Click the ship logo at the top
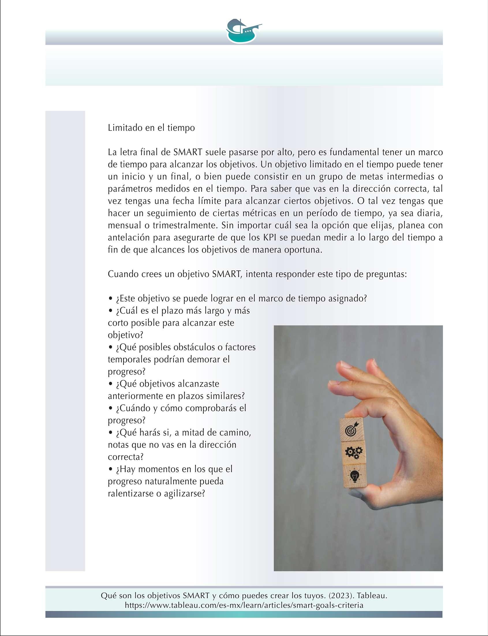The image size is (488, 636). [x=243, y=31]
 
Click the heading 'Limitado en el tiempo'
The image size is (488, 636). [x=151, y=128]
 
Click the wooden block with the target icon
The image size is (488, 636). [x=351, y=429]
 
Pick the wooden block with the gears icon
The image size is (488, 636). [x=354, y=453]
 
